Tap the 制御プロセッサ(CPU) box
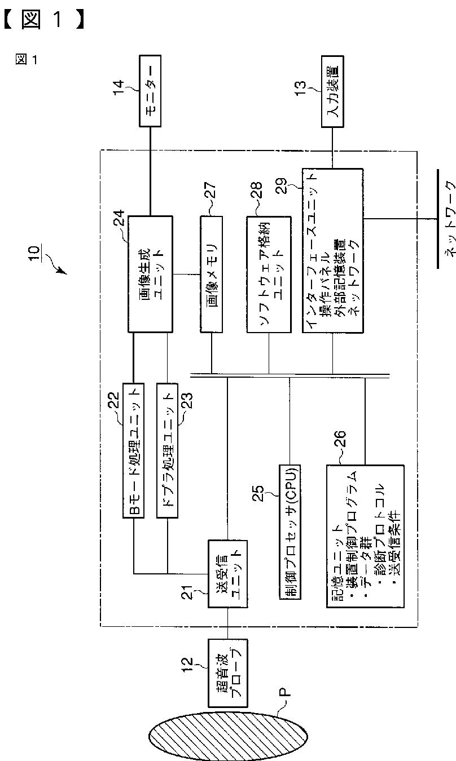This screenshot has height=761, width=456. tap(290, 532)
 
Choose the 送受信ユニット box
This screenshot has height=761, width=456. tap(227, 573)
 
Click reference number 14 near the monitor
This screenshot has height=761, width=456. tap(118, 89)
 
